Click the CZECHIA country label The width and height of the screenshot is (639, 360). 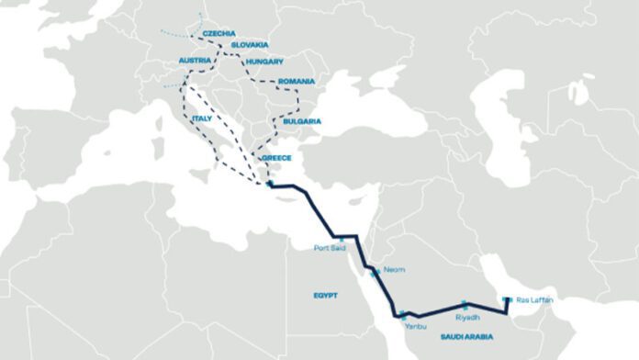pos(219,33)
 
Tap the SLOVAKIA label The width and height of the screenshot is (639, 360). pos(250,44)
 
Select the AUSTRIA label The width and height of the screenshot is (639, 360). pos(196,62)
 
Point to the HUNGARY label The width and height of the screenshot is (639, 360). pos(264,62)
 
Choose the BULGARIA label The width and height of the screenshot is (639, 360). pos(303,121)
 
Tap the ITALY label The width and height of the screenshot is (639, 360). pos(202,119)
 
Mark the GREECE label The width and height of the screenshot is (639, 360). pos(276,158)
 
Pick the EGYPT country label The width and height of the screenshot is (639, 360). pos(325,296)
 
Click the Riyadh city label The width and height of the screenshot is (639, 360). pos(467,317)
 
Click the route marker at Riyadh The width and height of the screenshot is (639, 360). pos(465,304)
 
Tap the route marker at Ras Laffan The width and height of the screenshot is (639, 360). pos(506,298)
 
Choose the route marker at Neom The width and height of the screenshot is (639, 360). pos(374,272)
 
